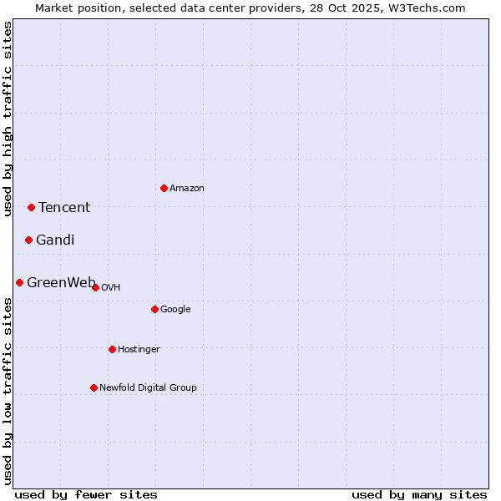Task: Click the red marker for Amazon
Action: click(x=164, y=188)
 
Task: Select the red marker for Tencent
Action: click(x=31, y=207)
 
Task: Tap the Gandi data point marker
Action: click(x=28, y=240)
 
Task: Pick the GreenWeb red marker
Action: click(x=19, y=282)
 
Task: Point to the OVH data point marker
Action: click(x=95, y=287)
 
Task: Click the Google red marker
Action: click(x=154, y=309)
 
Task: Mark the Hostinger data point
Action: click(x=112, y=349)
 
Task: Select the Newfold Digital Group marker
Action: click(x=94, y=387)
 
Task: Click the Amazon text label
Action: click(x=187, y=188)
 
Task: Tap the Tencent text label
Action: click(x=64, y=208)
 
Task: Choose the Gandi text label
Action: click(x=55, y=240)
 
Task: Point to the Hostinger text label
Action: click(x=139, y=349)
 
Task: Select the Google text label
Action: click(x=175, y=309)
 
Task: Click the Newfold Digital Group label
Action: click(x=148, y=387)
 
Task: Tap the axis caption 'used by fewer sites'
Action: click(x=86, y=494)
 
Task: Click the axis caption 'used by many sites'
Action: click(x=419, y=494)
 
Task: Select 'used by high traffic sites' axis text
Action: click(x=8, y=119)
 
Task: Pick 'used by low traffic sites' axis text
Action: click(x=8, y=391)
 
